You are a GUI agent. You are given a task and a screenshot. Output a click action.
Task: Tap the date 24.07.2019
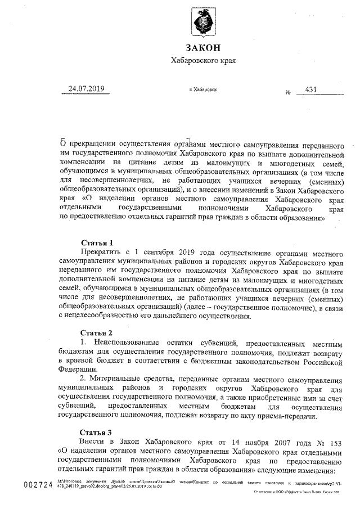(x=87, y=89)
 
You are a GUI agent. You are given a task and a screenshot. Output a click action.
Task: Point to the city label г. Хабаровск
(x=204, y=89)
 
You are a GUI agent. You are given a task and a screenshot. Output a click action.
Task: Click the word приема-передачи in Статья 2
(x=289, y=416)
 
